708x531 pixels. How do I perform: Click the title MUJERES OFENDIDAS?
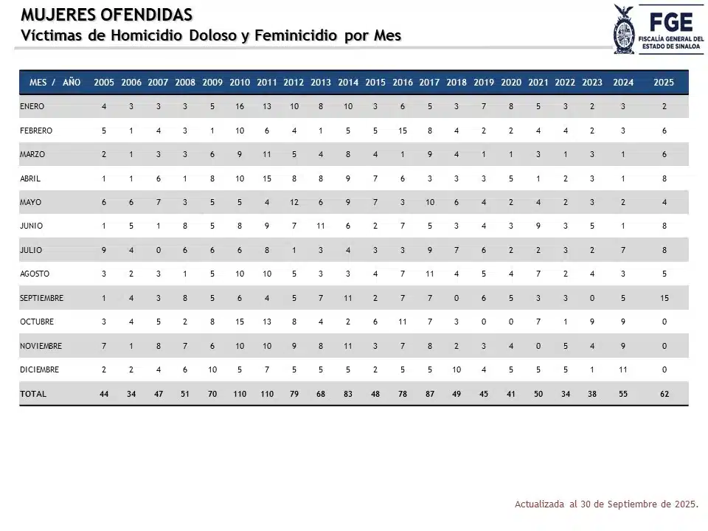[x=107, y=15]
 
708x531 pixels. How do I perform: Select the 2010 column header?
[x=240, y=83]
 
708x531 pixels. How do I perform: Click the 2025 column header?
[x=664, y=83]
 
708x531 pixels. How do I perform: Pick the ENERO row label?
[x=32, y=106]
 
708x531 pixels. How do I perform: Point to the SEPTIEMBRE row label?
[x=42, y=298]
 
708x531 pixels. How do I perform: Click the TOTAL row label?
[x=33, y=394]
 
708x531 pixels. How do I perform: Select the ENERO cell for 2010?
[x=240, y=106]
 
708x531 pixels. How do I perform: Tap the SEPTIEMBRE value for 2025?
[x=664, y=298]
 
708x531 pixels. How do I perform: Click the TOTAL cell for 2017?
[x=429, y=394]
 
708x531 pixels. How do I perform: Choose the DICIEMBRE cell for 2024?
[x=622, y=369]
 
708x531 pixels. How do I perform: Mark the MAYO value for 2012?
[x=294, y=202]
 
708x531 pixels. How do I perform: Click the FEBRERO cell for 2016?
[x=402, y=131]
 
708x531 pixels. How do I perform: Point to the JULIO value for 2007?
[x=158, y=250]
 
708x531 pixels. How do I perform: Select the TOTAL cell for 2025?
[x=664, y=394]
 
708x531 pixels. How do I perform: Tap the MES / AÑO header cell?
[x=55, y=83]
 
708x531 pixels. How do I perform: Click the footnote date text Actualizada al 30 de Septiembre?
[x=605, y=504]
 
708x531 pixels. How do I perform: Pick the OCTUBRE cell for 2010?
[x=240, y=322]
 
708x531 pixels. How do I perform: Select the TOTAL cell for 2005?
[x=104, y=394]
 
